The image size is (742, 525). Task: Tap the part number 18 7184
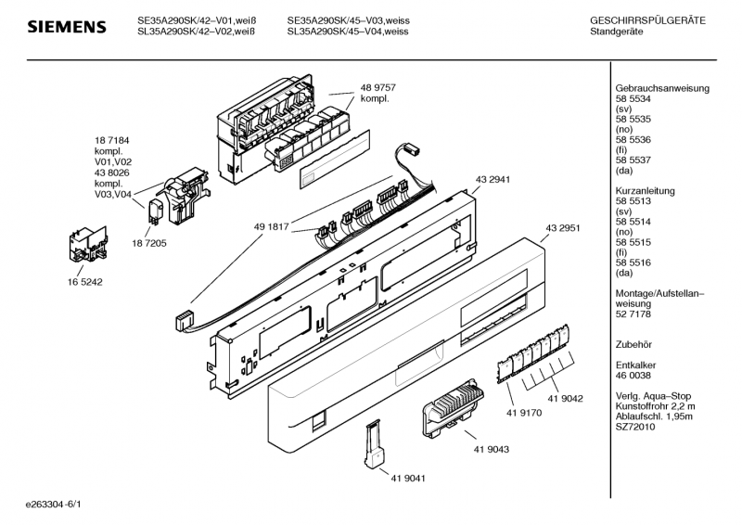point(110,139)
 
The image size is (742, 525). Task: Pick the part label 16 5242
point(84,281)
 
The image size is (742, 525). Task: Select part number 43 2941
point(493,179)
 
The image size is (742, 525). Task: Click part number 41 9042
point(565,398)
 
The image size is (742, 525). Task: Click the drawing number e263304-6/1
point(54,506)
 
